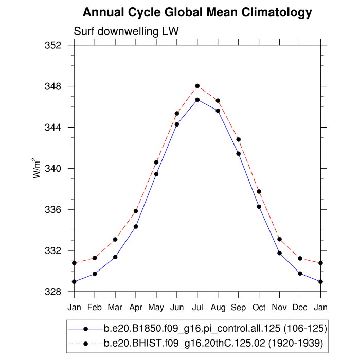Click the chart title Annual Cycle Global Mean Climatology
pos(197,12)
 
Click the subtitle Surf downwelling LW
pos(126,31)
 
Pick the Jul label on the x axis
pos(197,307)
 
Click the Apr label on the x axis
pos(136,307)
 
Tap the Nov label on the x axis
pos(280,307)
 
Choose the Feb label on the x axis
pos(95,307)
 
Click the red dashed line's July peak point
pos(197,86)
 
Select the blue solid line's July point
pos(197,100)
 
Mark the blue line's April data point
pos(136,226)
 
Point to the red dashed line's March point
pos(115,239)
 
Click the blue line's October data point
pos(259,207)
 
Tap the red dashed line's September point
pos(239,139)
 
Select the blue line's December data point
pos(300,274)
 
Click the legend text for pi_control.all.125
pos(215,328)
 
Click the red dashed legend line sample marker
pos(86,343)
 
